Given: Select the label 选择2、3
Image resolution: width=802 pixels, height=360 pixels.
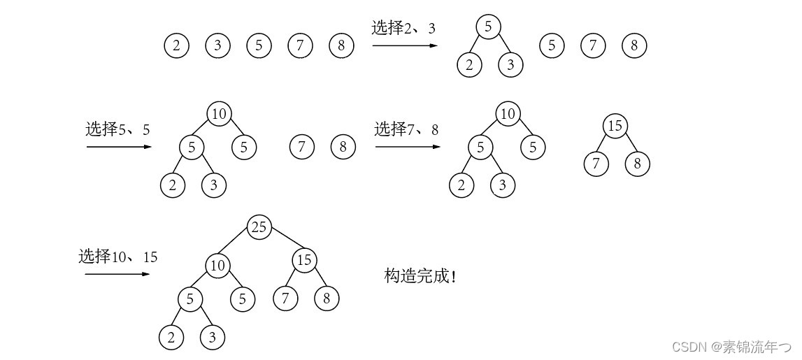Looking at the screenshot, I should pyautogui.click(x=403, y=28).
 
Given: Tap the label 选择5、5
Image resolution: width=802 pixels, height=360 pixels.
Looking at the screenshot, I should pyautogui.click(x=117, y=129).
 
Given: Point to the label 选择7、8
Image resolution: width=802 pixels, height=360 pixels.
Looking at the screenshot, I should pyautogui.click(x=406, y=129).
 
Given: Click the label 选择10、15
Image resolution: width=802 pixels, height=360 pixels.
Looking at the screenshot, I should pyautogui.click(x=117, y=257).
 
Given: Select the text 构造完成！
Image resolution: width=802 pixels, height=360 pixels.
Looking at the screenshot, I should pyautogui.click(x=420, y=275).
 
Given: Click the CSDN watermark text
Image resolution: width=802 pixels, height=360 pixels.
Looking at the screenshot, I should pyautogui.click(x=731, y=346).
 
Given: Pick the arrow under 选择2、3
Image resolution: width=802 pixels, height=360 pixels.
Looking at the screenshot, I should pyautogui.click(x=405, y=45).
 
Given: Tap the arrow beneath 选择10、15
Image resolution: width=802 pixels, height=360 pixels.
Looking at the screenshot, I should pyautogui.click(x=117, y=273).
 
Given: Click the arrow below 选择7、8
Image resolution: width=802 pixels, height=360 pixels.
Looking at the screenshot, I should pyautogui.click(x=408, y=147).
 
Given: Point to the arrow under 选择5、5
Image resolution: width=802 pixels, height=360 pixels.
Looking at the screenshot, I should pyautogui.click(x=119, y=147).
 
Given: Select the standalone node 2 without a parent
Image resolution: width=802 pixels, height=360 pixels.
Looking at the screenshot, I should pyautogui.click(x=176, y=46).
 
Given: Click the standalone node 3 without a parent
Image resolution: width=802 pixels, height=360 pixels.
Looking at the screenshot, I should pyautogui.click(x=217, y=46).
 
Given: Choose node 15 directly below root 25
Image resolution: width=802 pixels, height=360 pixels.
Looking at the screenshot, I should pyautogui.click(x=304, y=261).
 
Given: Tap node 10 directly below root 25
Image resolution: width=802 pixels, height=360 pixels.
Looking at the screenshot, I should pyautogui.click(x=217, y=264).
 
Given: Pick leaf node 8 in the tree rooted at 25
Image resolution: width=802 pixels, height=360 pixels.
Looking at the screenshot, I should pyautogui.click(x=326, y=298).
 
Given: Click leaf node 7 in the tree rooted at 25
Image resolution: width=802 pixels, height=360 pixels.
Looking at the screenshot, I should pyautogui.click(x=285, y=298).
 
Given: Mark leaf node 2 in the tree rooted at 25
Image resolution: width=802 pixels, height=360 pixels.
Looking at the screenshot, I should pyautogui.click(x=171, y=337).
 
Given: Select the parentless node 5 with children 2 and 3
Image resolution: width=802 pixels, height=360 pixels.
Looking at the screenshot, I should pyautogui.click(x=488, y=27).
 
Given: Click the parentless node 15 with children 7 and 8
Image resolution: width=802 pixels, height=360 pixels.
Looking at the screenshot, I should pyautogui.click(x=615, y=126).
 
